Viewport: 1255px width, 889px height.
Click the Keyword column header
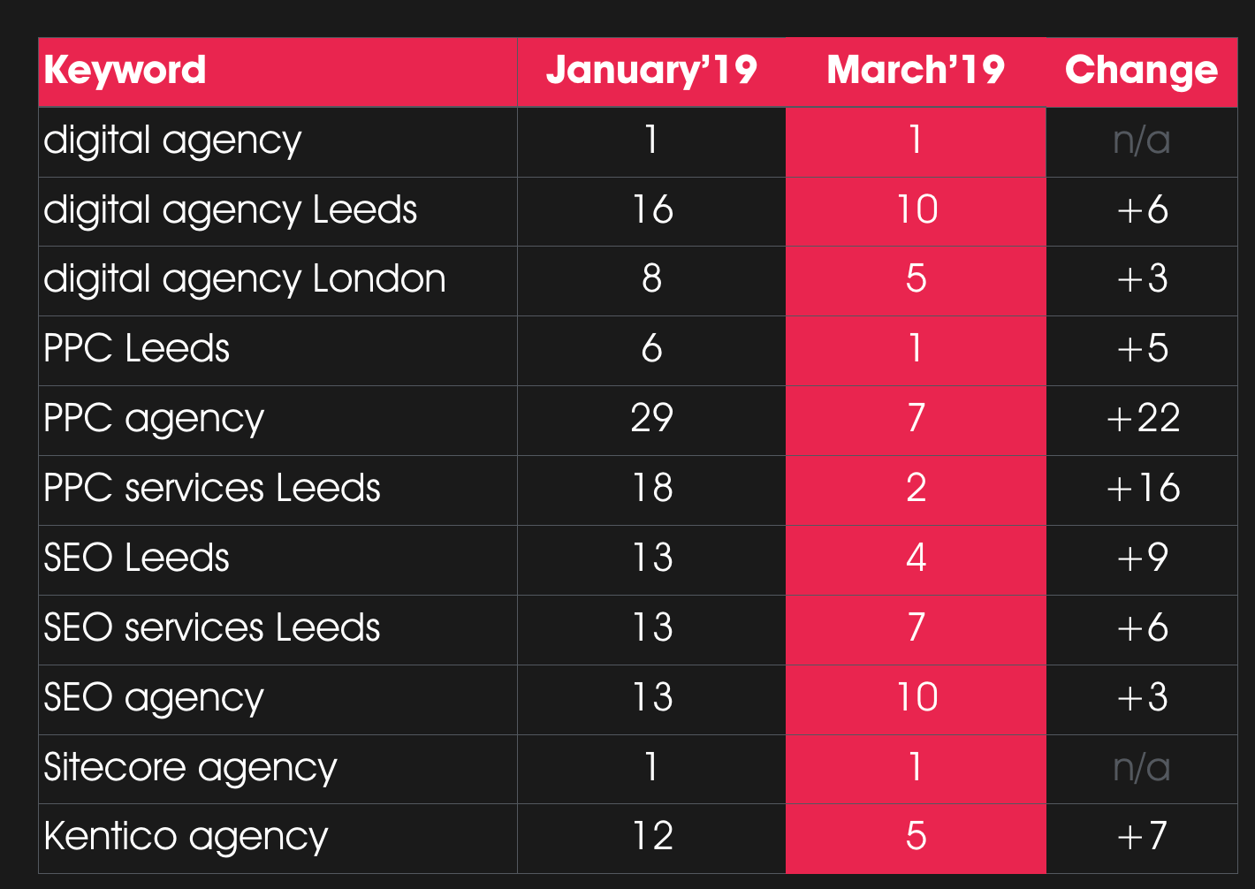125,71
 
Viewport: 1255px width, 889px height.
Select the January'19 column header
651,71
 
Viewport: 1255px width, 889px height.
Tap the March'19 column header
916,71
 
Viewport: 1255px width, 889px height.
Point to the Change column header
1141,71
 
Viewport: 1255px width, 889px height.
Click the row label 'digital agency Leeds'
230,210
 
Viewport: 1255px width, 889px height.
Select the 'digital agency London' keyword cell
245,279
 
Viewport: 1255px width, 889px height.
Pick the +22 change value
1143,418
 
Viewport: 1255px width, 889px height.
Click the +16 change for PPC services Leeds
1143,488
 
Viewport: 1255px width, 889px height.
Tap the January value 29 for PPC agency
651,418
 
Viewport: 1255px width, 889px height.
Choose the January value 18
651,488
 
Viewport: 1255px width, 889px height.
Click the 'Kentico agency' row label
186,836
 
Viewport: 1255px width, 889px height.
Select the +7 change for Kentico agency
1143,836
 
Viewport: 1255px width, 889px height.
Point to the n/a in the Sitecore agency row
1142,767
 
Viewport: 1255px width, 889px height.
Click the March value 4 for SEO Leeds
916,558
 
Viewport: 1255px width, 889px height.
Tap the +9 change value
1143,558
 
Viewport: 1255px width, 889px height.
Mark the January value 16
651,210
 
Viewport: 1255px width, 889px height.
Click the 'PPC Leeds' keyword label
136,349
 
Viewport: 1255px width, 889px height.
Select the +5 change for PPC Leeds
1143,349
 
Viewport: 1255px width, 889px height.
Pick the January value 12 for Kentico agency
651,836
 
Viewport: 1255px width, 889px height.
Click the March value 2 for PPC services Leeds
916,488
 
